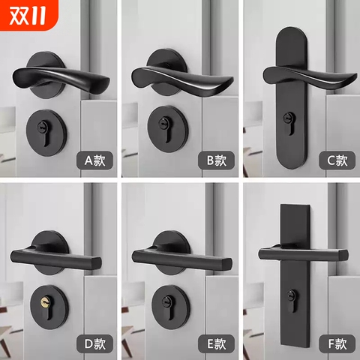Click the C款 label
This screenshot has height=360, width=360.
click(336, 160)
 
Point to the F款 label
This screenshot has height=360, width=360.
click(336, 344)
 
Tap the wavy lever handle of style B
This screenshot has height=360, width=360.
click(180, 77)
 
